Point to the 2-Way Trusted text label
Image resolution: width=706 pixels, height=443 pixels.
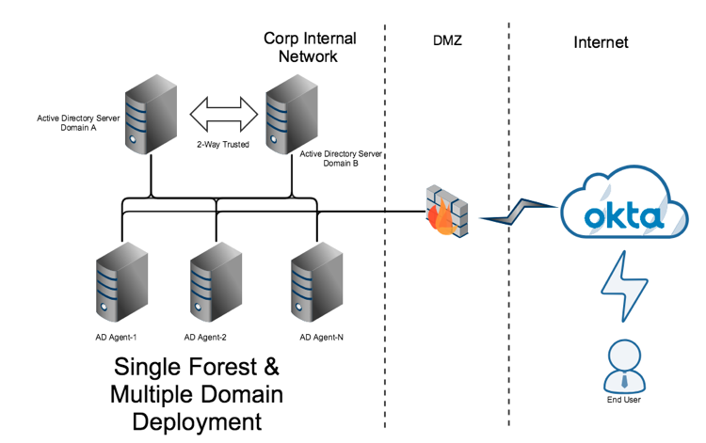[x=222, y=145]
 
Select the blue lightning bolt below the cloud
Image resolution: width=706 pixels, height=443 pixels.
[x=625, y=286]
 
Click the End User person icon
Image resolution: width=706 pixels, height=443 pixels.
[x=625, y=366]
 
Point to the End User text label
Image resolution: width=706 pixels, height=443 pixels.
[x=625, y=402]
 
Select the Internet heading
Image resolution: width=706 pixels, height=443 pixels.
[x=601, y=42]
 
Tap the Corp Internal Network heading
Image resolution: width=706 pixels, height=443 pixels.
[x=310, y=47]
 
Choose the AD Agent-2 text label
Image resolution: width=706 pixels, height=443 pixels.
[x=206, y=337]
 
